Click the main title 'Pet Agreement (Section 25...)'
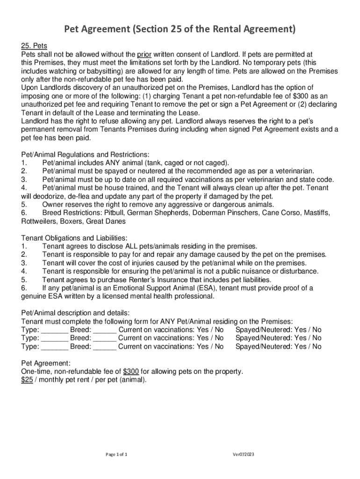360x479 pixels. tap(180, 30)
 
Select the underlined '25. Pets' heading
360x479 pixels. tap(34, 46)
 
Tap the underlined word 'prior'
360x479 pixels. tap(146, 54)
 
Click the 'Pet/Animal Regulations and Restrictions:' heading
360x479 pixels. tap(85, 154)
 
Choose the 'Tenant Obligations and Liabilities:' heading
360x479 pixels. tap(74, 238)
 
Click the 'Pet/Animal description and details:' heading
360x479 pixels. tap(76, 313)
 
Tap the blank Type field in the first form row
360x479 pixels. tap(55, 330)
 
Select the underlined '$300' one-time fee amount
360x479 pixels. tap(131, 371)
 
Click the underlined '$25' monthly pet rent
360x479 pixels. tap(27, 380)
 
